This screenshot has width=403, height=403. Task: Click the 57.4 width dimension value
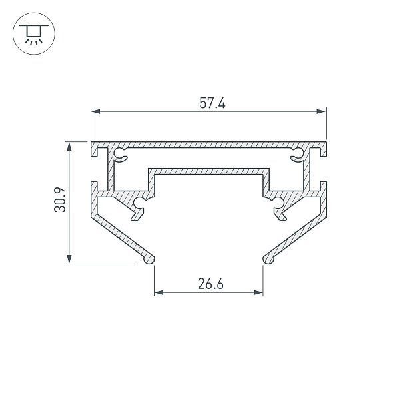[x=212, y=103]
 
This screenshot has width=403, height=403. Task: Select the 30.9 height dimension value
[x=60, y=200]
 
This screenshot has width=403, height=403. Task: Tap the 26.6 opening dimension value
[x=210, y=284]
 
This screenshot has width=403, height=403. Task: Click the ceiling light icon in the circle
[x=34, y=35]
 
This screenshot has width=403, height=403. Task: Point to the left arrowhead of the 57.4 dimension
[x=96, y=111]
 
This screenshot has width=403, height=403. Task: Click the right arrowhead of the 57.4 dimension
[x=322, y=111]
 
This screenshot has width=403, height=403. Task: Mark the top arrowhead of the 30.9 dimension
[x=69, y=146]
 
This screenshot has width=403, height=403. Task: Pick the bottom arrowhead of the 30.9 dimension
[x=69, y=259]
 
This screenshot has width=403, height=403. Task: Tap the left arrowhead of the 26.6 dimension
[x=159, y=292]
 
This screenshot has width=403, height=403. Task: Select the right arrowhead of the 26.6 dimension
[x=258, y=292]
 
